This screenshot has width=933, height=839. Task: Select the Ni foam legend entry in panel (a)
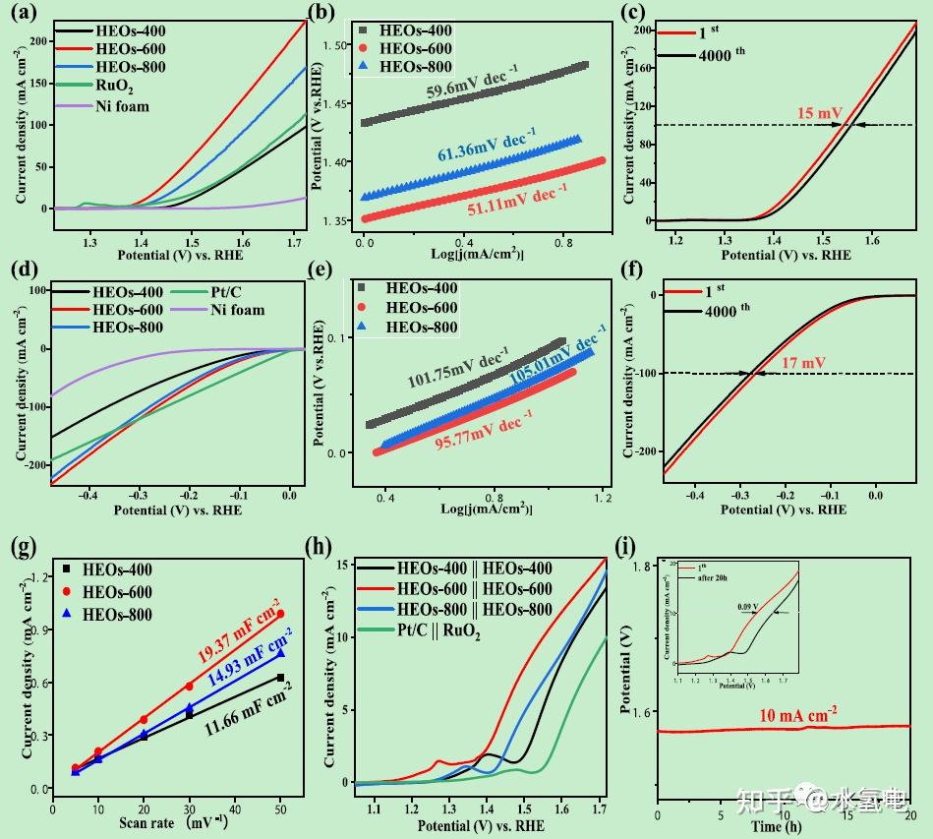pos(122,106)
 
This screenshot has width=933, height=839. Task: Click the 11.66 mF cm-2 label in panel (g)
pos(249,717)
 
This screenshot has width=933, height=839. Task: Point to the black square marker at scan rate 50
pos(280,678)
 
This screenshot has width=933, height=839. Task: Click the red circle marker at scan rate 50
pos(280,614)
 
